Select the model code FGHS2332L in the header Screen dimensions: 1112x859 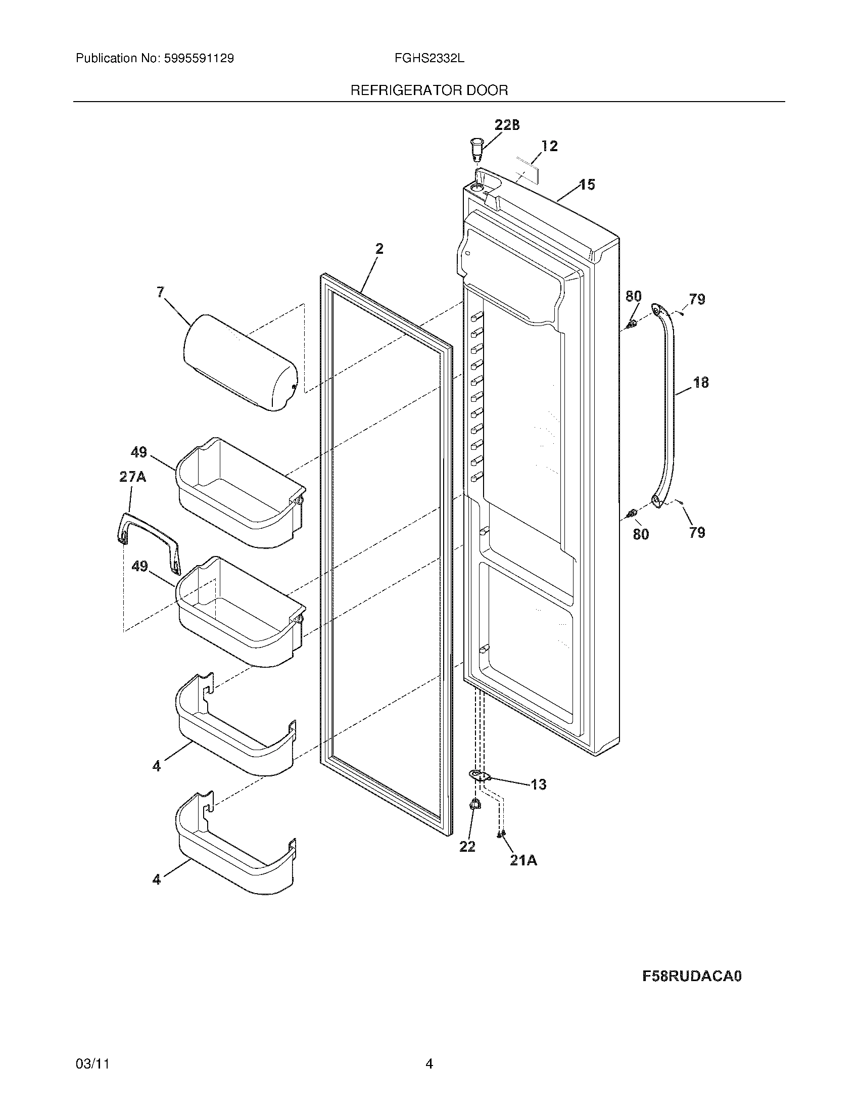point(428,59)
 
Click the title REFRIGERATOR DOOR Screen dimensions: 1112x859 point(428,90)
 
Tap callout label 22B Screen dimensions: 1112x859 point(507,125)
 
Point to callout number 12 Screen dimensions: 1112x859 point(549,146)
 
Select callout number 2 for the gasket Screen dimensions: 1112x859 point(379,249)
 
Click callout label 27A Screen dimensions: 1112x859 point(132,477)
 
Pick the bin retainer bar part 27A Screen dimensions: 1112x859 point(148,535)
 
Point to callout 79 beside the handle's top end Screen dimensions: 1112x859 point(697,299)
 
